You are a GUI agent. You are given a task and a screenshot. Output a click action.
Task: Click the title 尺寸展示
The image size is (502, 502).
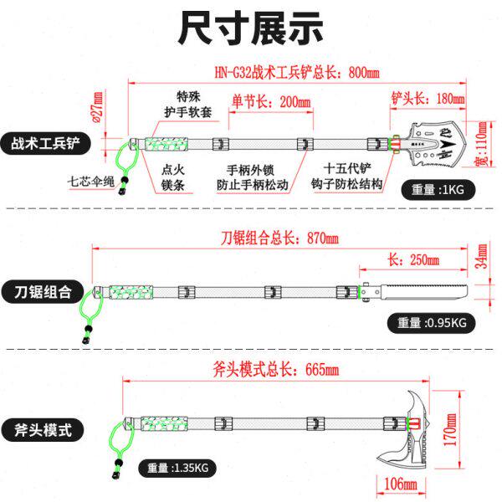point(250,28)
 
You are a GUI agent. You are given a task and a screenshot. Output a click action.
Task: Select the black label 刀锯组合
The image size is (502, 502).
point(42,293)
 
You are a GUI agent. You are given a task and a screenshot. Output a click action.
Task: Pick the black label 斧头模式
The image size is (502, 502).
point(42,432)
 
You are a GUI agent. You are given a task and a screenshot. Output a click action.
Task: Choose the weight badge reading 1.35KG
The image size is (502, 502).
point(177,468)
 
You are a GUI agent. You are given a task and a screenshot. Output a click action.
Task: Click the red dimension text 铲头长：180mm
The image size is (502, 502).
point(428,99)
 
